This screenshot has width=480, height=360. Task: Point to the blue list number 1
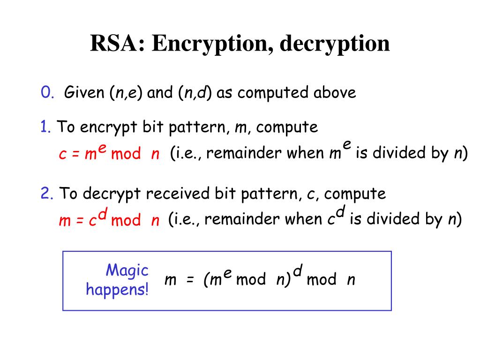[45, 127]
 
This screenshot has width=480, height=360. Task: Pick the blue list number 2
[46, 194]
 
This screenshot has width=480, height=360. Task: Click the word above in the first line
[334, 92]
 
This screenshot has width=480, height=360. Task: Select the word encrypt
[103, 127]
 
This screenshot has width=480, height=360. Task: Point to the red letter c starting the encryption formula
[62, 155]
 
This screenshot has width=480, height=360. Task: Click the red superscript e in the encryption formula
[102, 149]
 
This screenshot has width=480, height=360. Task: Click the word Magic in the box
[127, 270]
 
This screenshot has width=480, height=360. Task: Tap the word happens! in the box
[117, 289]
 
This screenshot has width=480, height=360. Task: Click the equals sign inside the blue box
[190, 280]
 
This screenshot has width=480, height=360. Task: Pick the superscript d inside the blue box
[298, 270]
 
